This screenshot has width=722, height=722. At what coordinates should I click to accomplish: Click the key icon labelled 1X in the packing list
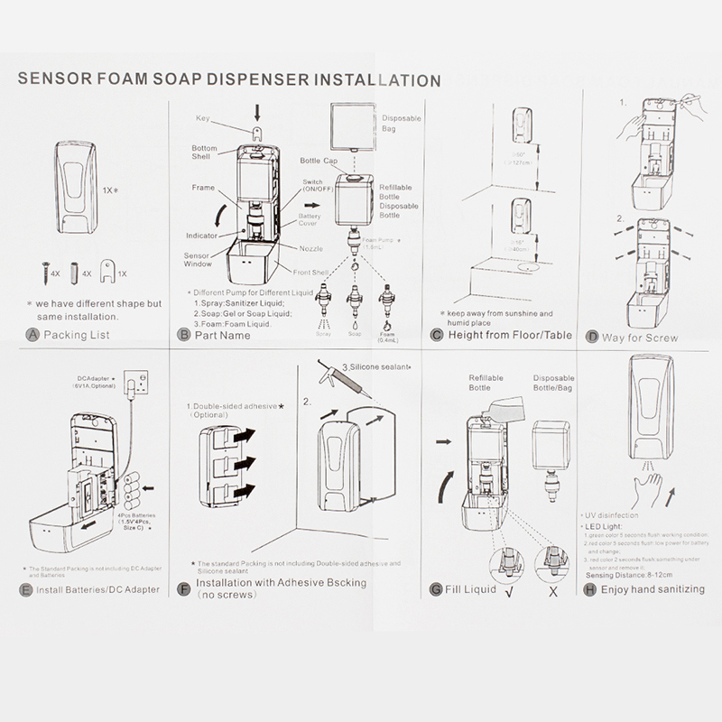point(109,269)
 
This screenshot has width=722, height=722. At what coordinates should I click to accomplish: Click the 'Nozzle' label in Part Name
point(312,247)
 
